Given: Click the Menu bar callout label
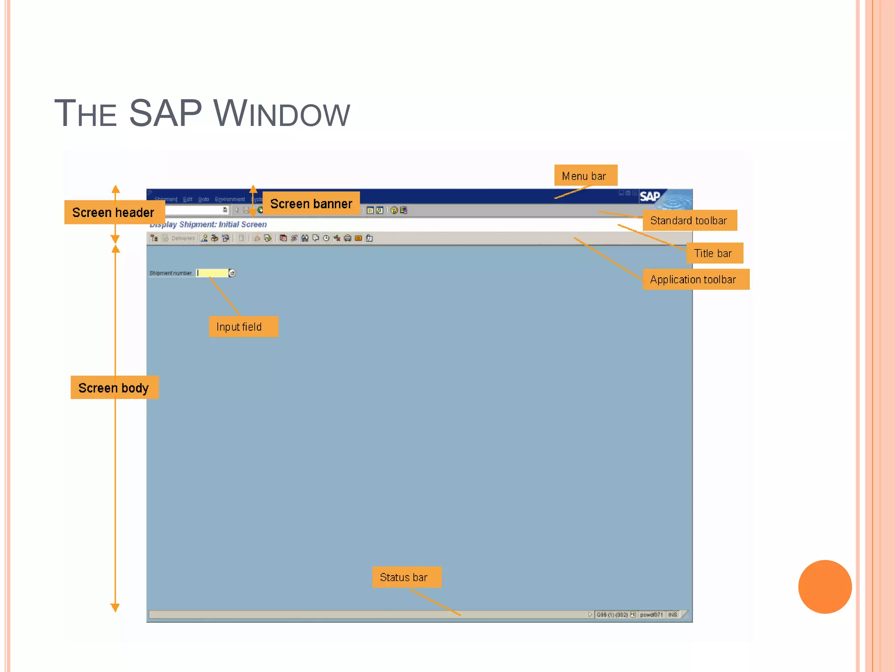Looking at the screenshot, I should tap(585, 175).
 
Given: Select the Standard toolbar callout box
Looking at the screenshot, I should tap(689, 220).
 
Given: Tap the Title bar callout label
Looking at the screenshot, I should tap(714, 253).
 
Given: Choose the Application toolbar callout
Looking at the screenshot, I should tap(695, 279).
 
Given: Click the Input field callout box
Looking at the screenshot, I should tap(243, 326).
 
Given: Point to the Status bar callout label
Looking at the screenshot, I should tap(406, 577).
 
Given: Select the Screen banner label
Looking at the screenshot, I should tap(311, 203).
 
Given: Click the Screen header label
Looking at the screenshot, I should tap(114, 212).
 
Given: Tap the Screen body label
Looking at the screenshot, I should tap(114, 388).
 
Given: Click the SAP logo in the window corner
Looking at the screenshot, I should tap(650, 197).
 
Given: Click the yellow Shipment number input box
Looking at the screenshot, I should tap(213, 273).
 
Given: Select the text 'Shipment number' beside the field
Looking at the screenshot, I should tap(170, 273).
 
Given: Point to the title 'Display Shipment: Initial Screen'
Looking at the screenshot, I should tap(208, 224).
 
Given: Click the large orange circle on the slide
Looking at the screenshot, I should tap(825, 587).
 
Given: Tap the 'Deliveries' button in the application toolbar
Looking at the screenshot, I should tap(183, 238).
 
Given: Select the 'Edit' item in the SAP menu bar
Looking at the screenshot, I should tap(187, 199).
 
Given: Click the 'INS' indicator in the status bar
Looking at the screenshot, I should tap(673, 615).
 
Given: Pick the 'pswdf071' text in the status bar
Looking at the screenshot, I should tap(651, 615).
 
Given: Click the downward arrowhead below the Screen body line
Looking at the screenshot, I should tap(115, 608).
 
